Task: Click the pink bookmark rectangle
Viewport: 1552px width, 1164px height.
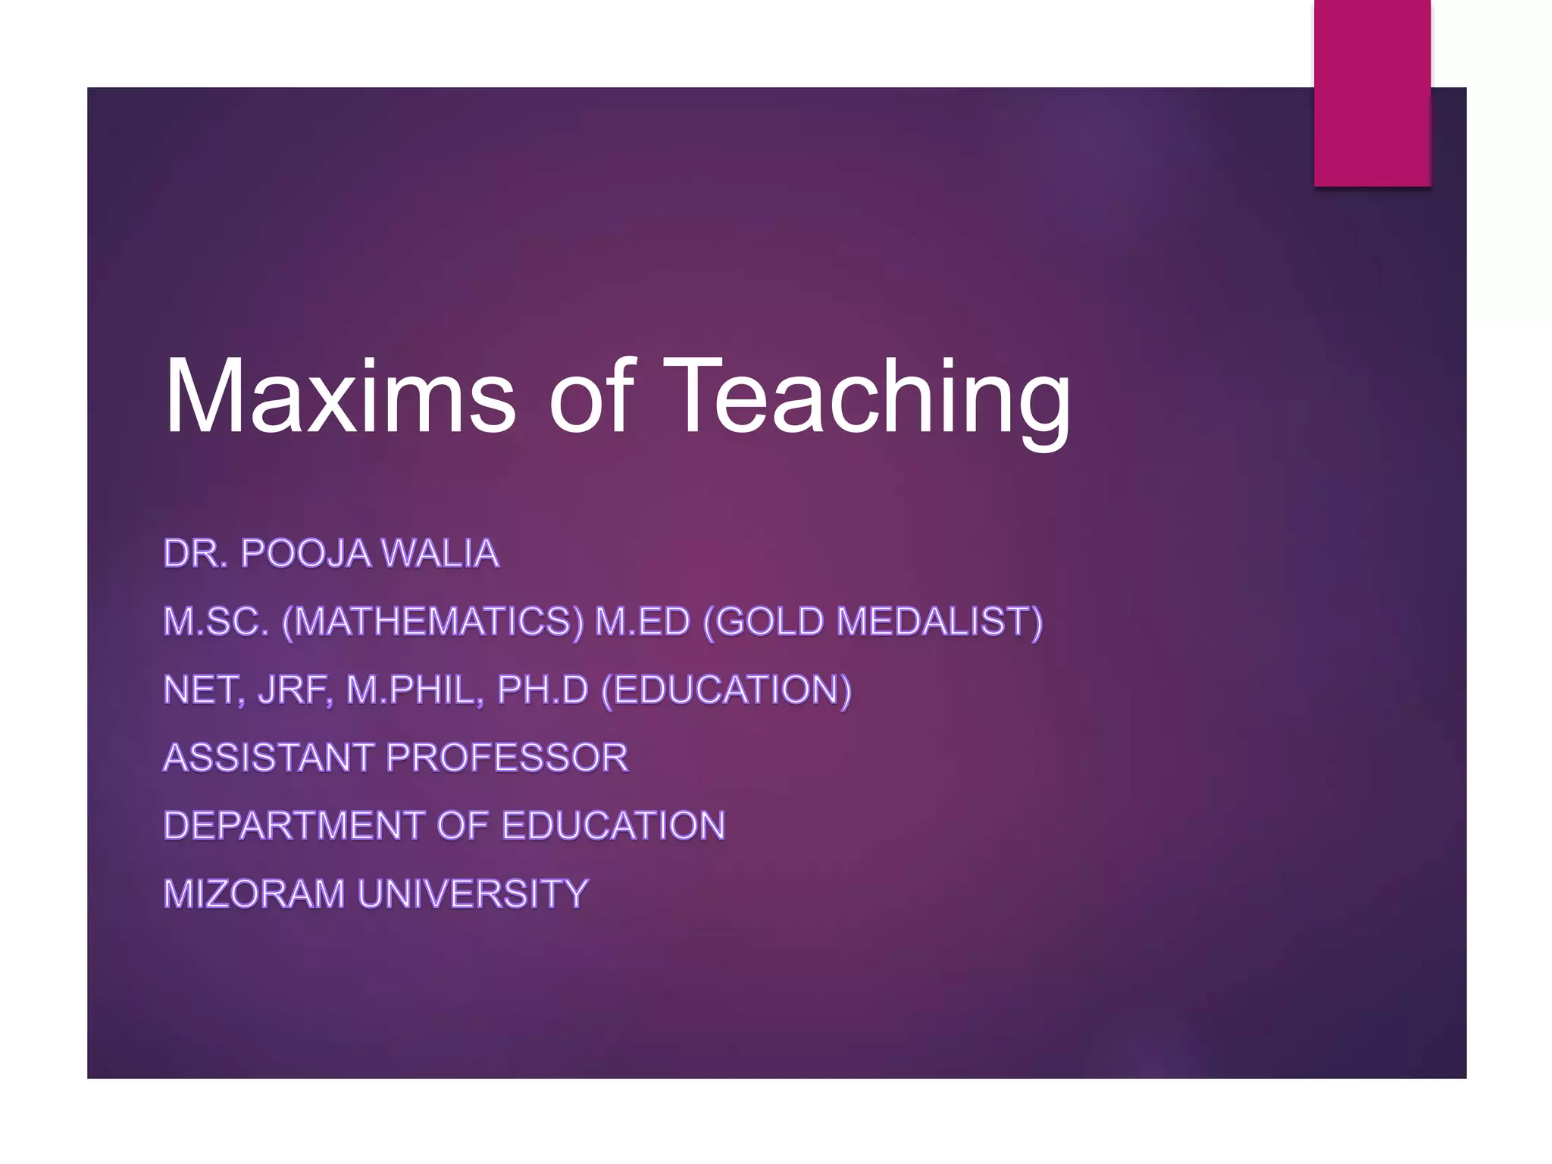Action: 1372,92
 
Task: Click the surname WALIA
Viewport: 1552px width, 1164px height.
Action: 440,553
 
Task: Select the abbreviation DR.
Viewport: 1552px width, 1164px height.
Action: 195,553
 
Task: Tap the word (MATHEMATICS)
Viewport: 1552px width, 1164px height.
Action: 432,621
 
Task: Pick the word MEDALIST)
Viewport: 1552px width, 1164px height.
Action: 940,621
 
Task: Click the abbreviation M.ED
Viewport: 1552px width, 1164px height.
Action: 643,621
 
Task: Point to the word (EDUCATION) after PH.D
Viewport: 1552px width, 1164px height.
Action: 726,690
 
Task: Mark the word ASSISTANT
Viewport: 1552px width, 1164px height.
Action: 268,757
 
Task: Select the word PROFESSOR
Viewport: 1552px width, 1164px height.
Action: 507,757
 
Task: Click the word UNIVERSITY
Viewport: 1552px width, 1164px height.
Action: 473,893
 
